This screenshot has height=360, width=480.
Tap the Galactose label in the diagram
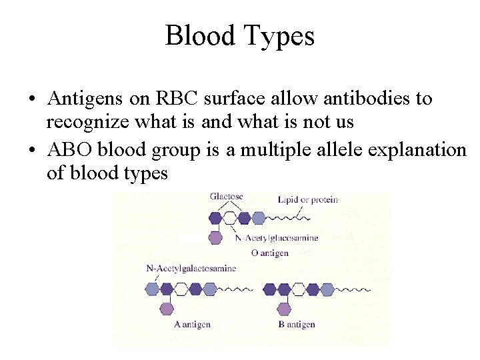(227, 197)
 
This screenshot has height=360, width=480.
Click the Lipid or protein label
(308, 199)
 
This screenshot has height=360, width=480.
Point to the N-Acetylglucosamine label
(277, 238)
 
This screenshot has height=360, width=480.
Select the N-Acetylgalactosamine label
(191, 268)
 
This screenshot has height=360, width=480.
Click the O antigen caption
(270, 253)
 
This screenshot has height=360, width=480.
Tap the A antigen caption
(192, 325)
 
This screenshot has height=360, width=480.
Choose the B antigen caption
(296, 325)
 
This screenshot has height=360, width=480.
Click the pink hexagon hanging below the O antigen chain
(215, 237)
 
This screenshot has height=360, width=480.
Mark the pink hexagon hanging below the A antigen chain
(167, 309)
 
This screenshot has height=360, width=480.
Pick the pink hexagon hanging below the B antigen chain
(284, 309)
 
